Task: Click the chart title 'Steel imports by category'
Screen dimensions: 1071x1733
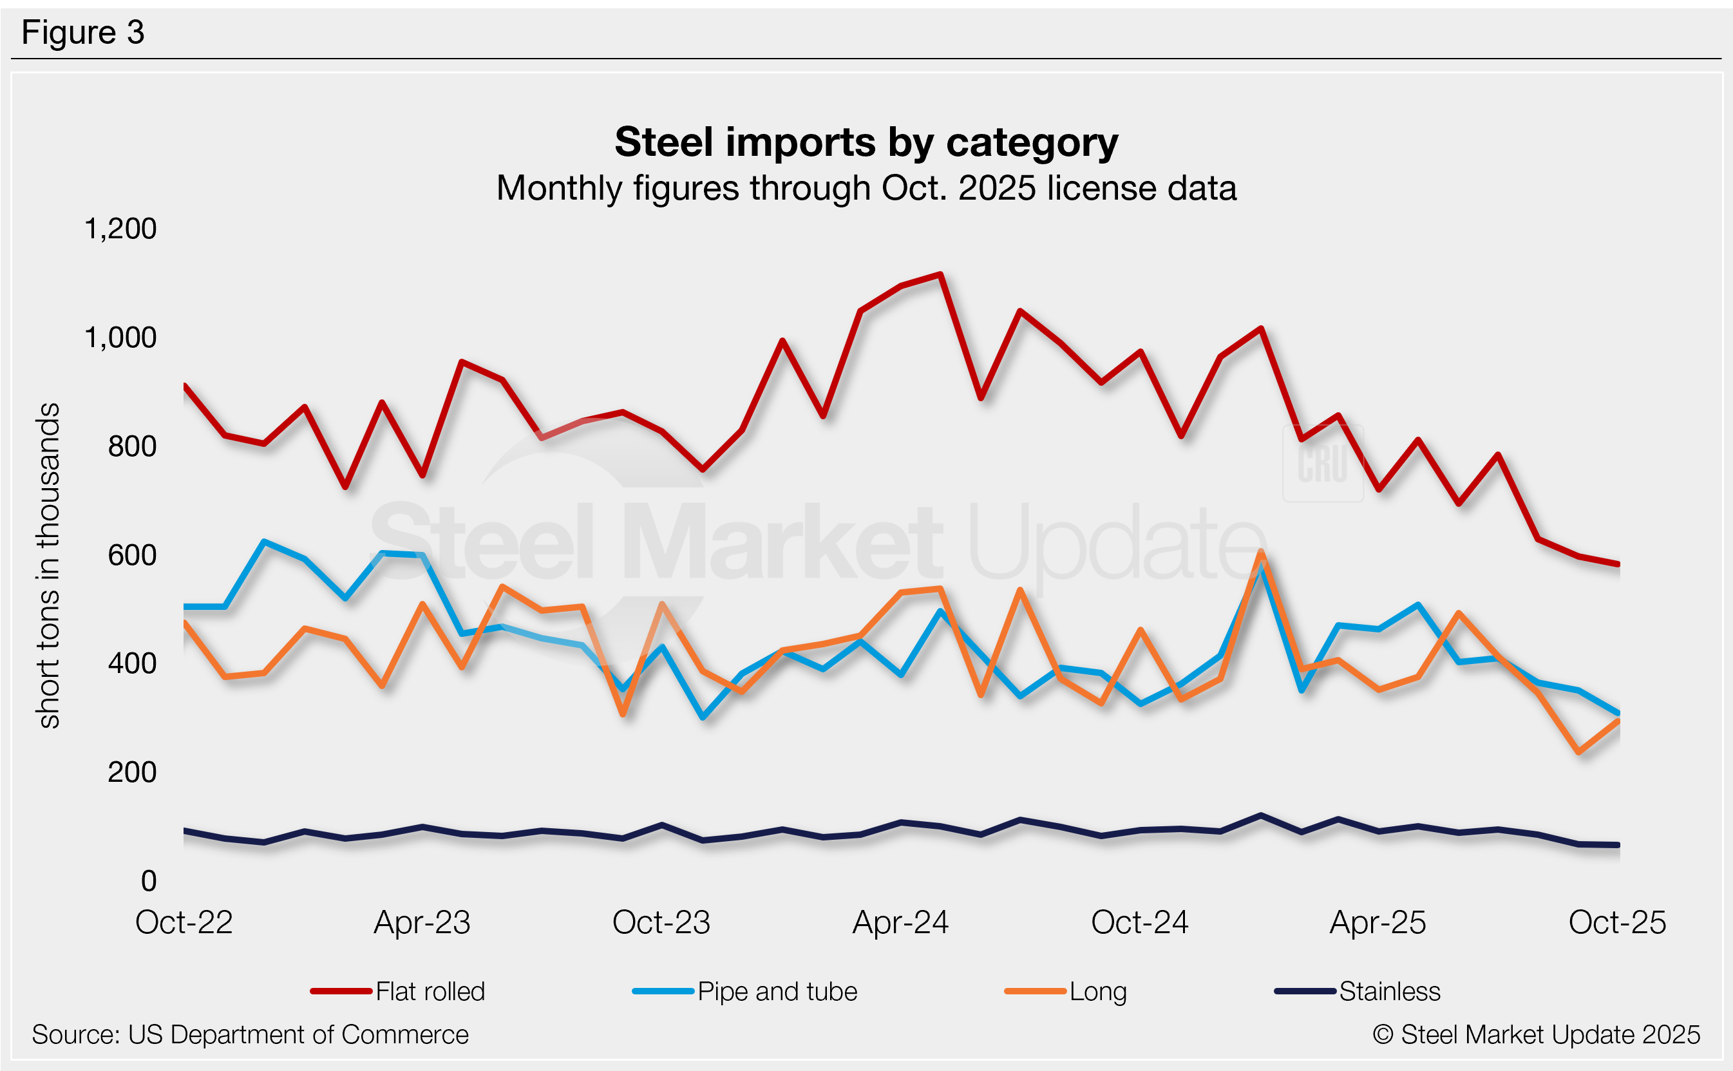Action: coord(866,142)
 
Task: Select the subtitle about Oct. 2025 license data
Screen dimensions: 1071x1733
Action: coord(866,189)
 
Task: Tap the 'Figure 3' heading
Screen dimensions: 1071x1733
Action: coord(83,33)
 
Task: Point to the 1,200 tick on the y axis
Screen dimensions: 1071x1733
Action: coord(120,229)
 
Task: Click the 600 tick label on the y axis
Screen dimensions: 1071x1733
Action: coord(132,555)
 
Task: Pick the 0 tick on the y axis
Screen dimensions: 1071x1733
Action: coord(149,881)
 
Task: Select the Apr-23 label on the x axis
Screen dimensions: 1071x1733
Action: coord(422,922)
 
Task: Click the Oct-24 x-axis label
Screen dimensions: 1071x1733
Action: coord(1139,922)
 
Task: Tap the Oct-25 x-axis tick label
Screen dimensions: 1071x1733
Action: coord(1617,922)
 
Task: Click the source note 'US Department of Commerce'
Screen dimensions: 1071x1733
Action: coord(250,1035)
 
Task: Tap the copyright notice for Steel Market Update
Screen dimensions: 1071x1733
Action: coord(1536,1035)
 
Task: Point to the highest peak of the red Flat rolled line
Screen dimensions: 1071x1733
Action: coord(940,274)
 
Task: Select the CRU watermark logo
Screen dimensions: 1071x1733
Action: coord(1322,464)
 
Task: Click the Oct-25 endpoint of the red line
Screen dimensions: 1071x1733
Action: coord(1618,565)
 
